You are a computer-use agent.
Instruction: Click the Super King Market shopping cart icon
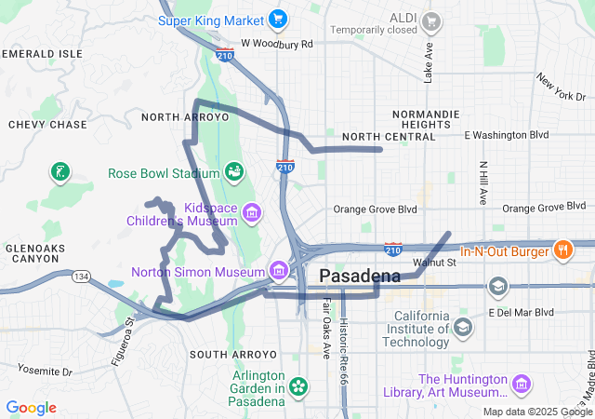[276, 19]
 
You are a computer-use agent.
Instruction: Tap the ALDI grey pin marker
[430, 20]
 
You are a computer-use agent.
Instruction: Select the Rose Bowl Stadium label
[163, 172]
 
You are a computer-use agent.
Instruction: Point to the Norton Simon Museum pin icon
[278, 271]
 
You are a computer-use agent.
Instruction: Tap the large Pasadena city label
[360, 276]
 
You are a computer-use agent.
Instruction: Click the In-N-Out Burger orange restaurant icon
[562, 250]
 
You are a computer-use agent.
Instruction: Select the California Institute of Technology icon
[462, 326]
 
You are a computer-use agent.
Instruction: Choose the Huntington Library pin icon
[521, 384]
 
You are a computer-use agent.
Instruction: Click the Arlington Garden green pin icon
[298, 385]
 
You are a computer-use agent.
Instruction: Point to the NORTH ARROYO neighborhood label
[184, 117]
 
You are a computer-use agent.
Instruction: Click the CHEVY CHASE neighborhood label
[47, 124]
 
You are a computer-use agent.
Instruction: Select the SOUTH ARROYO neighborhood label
[232, 355]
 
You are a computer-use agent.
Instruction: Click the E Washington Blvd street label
[506, 135]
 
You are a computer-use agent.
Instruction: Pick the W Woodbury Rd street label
[276, 44]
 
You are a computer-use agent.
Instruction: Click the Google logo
[31, 408]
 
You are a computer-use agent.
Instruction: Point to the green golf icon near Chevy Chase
[59, 171]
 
